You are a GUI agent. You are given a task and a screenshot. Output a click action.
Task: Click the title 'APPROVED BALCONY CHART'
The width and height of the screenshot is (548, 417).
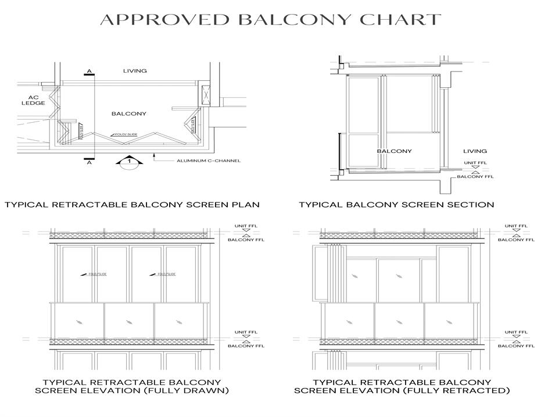point(271,19)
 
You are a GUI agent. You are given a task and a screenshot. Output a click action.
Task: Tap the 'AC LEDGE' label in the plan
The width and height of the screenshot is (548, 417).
point(33,100)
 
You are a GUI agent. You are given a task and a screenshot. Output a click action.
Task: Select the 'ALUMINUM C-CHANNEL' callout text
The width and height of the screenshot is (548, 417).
point(209,161)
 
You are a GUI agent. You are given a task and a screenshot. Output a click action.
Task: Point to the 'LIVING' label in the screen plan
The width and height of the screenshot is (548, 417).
point(135,71)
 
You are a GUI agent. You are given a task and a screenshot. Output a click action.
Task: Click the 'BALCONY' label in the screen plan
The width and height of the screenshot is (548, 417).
point(129,113)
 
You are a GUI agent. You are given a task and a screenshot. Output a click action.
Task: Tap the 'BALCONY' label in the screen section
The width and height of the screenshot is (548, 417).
point(394,151)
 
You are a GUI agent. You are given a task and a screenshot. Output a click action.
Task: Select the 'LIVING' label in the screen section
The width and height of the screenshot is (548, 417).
point(475,151)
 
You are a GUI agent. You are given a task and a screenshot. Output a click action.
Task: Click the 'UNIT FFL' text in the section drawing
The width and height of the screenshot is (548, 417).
point(475,162)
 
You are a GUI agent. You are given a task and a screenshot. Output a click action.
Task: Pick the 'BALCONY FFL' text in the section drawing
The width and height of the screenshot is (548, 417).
point(475,177)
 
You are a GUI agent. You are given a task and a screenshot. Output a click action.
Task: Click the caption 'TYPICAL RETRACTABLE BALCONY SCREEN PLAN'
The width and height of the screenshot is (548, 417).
point(132,205)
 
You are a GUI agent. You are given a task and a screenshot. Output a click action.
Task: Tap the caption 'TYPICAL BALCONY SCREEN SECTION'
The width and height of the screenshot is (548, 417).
point(396,205)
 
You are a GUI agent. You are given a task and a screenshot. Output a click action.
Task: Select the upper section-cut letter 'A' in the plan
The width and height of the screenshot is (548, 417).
point(89,72)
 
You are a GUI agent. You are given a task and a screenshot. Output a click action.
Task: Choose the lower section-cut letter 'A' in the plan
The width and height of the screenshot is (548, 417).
point(89,163)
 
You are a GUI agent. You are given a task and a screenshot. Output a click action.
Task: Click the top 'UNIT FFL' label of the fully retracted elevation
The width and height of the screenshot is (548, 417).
point(516,226)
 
